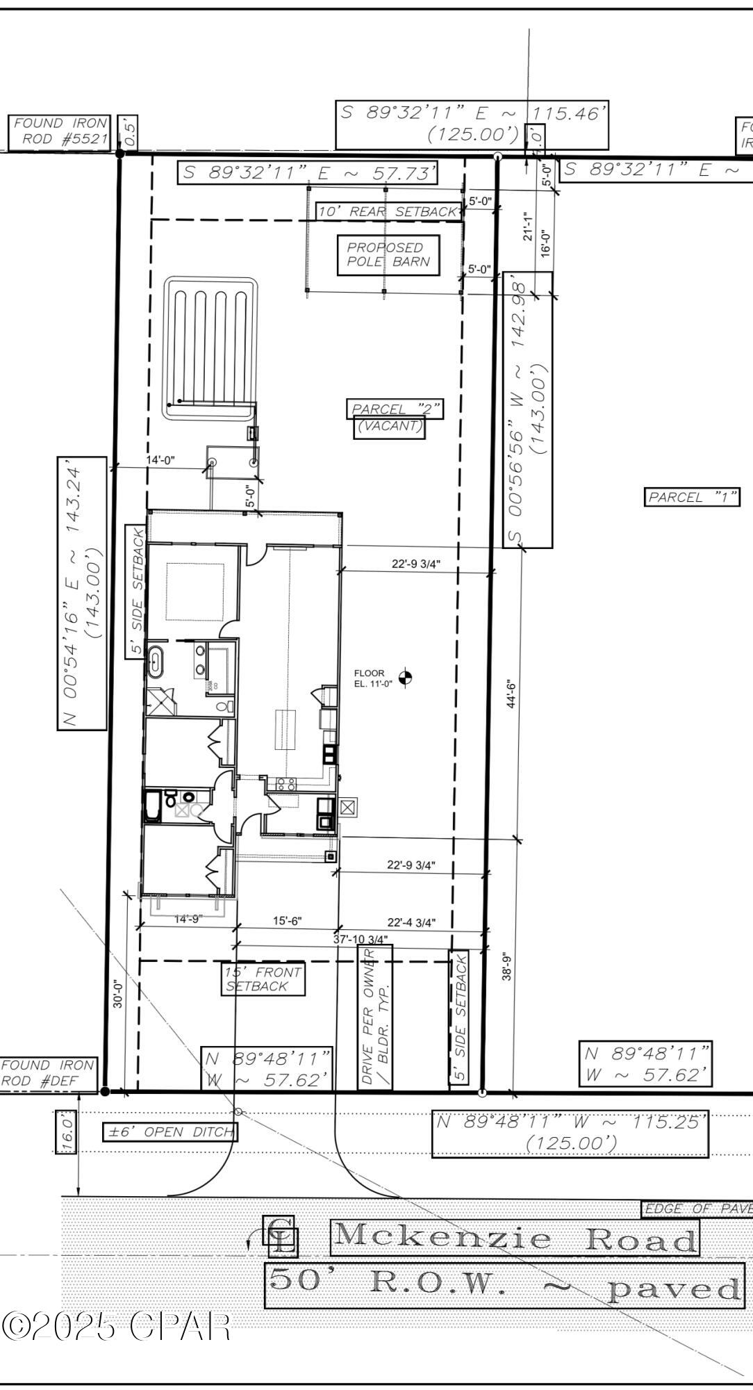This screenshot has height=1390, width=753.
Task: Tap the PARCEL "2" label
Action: pos(395,409)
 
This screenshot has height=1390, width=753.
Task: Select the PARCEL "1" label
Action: pos(692,497)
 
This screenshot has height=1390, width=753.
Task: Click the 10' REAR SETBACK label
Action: pos(388,211)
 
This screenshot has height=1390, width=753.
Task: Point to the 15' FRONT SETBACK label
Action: pos(263,979)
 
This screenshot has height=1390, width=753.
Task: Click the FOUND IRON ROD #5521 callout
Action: pos(60,131)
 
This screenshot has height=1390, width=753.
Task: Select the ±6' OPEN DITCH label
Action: pos(169,1132)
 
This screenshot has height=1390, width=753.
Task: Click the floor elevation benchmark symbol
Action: pos(407,677)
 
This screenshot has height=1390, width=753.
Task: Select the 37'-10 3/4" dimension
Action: pos(360,939)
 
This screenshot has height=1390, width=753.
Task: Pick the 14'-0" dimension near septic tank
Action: pos(160,459)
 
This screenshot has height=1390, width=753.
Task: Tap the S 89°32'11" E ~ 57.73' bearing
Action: pos(308,173)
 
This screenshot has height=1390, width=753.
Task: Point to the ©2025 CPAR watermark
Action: pos(117,1326)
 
